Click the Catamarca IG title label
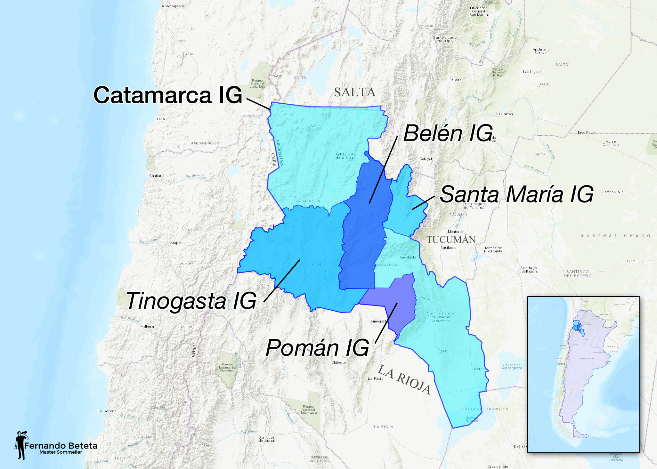tap(168, 95)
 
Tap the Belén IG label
tap(448, 133)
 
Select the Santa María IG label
tap(516, 194)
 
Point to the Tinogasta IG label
tap(191, 301)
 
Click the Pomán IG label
tap(317, 348)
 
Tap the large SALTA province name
tap(354, 92)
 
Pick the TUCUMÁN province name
tap(451, 240)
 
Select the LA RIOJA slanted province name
tap(404, 380)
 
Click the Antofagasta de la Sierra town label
tap(345, 156)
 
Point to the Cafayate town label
tap(427, 159)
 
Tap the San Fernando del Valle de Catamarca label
tap(440, 317)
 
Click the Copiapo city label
tap(173, 243)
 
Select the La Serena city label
tap(107, 411)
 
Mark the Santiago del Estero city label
tap(529, 270)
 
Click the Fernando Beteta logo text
tap(61, 446)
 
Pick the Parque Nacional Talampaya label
tap(308, 409)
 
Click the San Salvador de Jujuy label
tap(445, 39)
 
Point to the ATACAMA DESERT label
tap(206, 143)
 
